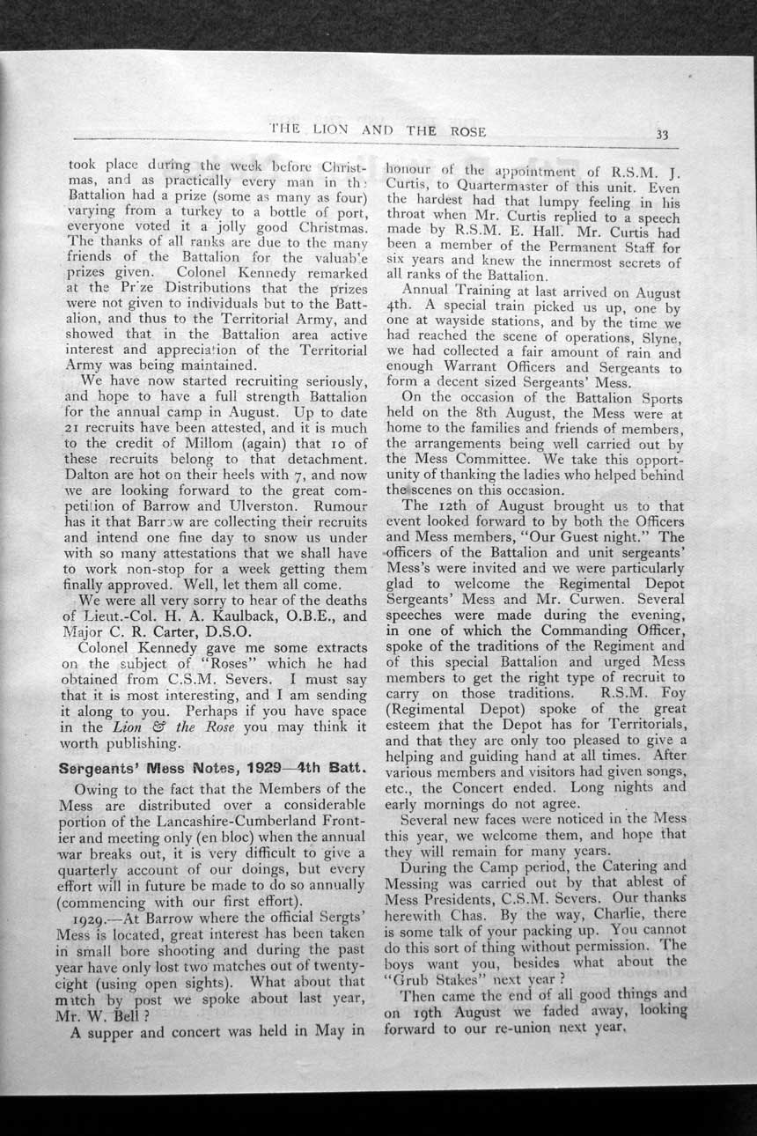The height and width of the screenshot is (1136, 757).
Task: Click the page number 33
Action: [x=662, y=135]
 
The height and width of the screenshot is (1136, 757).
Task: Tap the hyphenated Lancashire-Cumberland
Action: [x=229, y=821]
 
